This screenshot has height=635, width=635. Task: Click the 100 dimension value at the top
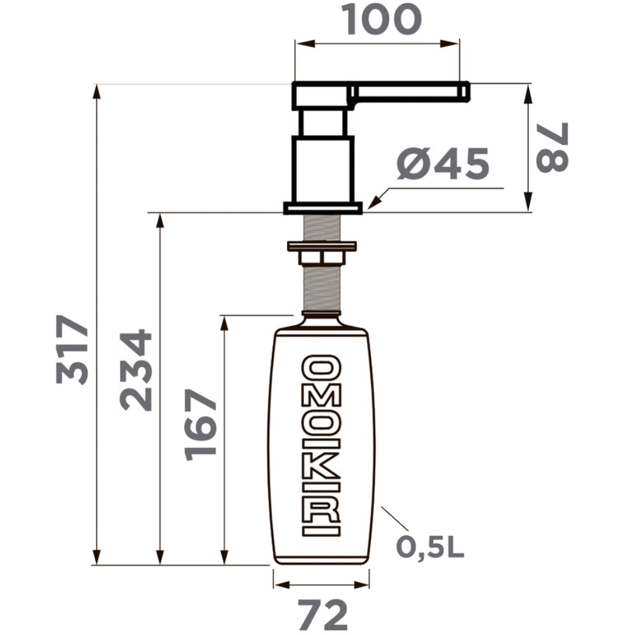[382, 19]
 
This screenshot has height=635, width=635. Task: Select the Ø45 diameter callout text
[443, 164]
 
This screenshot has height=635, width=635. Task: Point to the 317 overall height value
[72, 349]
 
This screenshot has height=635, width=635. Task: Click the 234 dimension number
[135, 370]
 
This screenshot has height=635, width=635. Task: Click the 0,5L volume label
[430, 547]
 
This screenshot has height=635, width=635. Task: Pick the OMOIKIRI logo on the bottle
[321, 446]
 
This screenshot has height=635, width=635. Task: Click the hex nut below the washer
[321, 258]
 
